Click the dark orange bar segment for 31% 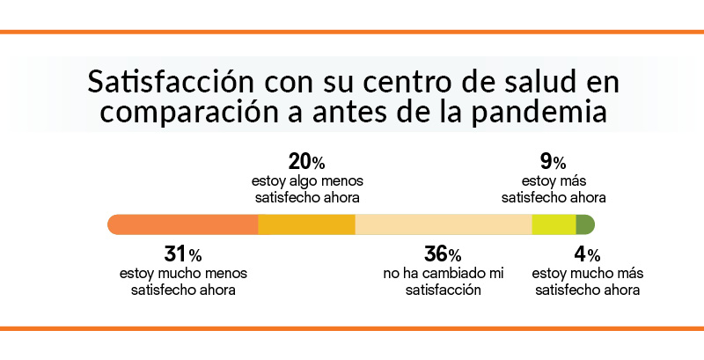[x=183, y=224]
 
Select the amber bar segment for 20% [x=306, y=224]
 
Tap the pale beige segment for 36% [x=443, y=224]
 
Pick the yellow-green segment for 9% [x=554, y=224]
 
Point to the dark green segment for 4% [x=585, y=224]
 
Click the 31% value [x=183, y=255]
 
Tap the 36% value [x=443, y=255]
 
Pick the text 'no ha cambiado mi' [x=443, y=275]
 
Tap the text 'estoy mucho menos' [x=183, y=275]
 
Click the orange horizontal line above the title [x=352, y=32]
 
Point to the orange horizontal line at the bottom [x=352, y=329]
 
